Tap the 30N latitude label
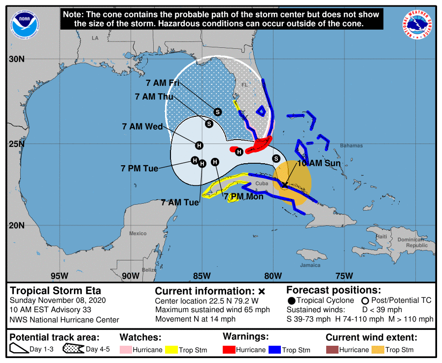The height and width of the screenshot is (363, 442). point(16,60)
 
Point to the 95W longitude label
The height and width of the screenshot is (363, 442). point(59,276)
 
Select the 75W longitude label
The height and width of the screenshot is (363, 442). point(343,276)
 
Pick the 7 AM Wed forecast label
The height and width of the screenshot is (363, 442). point(142,127)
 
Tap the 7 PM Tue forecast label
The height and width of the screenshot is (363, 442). point(139,169)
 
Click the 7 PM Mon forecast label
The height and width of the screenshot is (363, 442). point(243,197)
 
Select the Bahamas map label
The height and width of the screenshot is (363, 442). point(351,145)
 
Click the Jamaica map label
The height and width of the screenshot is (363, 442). point(310,265)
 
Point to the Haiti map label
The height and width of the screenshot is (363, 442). point(382,237)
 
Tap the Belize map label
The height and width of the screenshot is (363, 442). point(149,270)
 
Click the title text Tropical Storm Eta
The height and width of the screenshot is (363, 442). point(56,290)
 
